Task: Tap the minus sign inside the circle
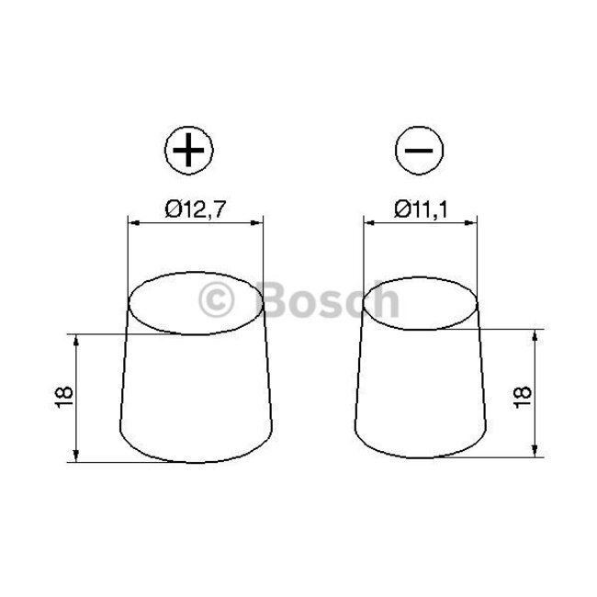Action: click(x=420, y=150)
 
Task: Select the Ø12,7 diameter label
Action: click(x=195, y=210)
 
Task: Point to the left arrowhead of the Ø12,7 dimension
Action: click(x=130, y=222)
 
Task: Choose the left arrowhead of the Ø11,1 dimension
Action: click(x=368, y=222)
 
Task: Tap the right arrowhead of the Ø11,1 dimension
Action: click(x=474, y=222)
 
